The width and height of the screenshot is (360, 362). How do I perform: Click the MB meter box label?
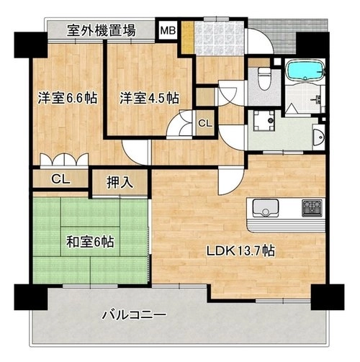click(168, 30)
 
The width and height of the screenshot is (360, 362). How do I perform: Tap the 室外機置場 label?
click(101, 30)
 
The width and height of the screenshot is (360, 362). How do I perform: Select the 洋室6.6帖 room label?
click(68, 98)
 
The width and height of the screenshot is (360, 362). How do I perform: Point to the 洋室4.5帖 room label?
click(150, 98)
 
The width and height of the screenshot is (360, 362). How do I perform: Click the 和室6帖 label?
click(90, 242)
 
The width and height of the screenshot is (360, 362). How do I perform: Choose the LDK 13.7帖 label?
click(240, 251)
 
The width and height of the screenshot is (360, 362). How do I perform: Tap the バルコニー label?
click(134, 315)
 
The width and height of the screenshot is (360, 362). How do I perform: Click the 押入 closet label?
click(120, 183)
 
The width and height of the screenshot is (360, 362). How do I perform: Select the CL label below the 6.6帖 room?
click(60, 179)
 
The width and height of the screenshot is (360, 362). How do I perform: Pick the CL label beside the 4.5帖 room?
click(205, 124)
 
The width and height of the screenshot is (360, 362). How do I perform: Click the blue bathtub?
click(305, 70)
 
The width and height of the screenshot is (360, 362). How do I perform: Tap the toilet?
click(264, 78)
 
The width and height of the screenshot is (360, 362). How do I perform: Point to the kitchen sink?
click(266, 208)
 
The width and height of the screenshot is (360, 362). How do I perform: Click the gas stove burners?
click(312, 208)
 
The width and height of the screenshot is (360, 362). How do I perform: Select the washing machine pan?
click(264, 121)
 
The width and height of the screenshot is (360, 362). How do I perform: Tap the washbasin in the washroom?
click(319, 137)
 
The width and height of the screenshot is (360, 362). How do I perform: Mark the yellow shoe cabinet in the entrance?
click(187, 37)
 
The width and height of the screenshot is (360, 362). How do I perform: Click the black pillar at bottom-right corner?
click(328, 297)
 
